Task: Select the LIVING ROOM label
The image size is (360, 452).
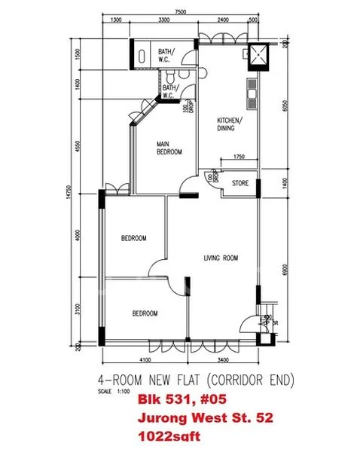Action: [221, 258]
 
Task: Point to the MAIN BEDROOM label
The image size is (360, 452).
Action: [169, 148]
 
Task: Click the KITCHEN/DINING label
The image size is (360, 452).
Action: [229, 124]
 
